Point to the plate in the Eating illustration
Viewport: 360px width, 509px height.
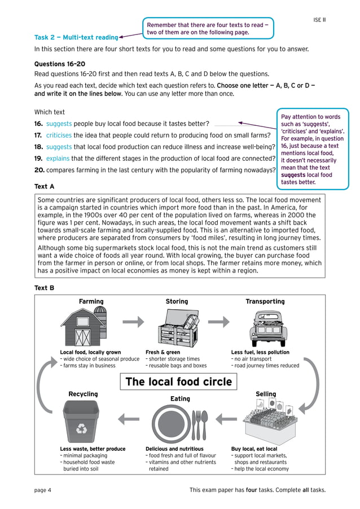[170, 424]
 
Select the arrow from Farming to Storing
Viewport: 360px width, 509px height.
[133, 322]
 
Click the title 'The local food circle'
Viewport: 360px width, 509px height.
[178, 382]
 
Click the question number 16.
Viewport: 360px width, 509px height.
[38, 124]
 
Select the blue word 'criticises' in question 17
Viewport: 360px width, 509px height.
[59, 135]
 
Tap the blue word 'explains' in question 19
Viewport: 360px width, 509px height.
[58, 159]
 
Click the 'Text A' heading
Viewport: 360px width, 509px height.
[45, 186]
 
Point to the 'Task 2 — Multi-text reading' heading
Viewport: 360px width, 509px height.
[76, 37]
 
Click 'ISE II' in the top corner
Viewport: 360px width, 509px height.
[319, 20]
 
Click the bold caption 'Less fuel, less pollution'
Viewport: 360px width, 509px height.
[260, 352]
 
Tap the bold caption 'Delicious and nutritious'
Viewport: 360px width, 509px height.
[174, 449]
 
